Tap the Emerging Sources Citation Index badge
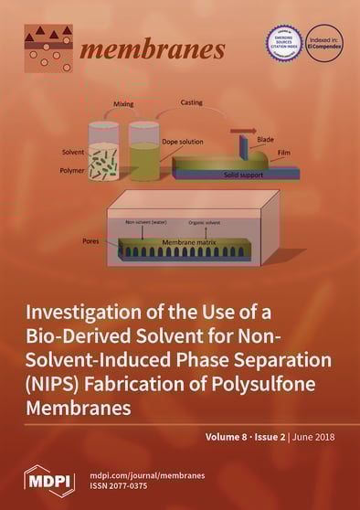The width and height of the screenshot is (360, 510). coord(283,43)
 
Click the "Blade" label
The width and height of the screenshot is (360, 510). coord(270,150)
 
